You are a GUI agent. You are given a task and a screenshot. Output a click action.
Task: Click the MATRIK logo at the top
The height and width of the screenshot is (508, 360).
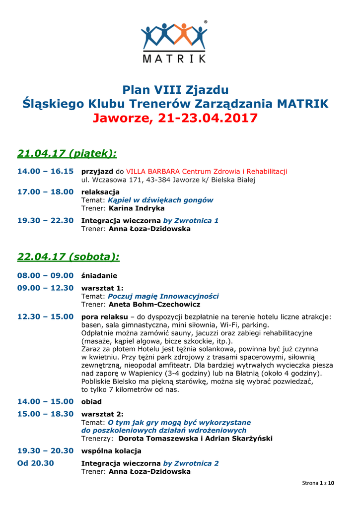tap(174, 42)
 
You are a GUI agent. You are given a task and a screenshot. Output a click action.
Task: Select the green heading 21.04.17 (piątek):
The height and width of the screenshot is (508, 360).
tap(67, 153)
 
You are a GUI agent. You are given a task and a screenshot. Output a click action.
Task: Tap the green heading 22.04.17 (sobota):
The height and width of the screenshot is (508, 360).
tap(69, 256)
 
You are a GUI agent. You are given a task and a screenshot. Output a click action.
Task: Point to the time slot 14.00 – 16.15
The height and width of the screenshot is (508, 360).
tap(45, 171)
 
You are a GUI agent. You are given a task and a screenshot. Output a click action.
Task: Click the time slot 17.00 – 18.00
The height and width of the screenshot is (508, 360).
tap(45, 191)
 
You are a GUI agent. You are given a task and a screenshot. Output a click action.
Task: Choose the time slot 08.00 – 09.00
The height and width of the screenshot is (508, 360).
tap(45, 275)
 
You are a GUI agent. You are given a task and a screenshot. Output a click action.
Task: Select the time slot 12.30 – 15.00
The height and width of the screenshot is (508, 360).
tap(45, 317)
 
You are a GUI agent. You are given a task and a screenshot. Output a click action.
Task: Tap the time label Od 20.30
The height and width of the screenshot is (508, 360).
tap(36, 463)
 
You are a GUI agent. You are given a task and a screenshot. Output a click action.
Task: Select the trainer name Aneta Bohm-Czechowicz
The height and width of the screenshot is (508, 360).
tap(154, 304)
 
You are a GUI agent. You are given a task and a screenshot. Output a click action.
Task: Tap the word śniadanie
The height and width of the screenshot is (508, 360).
tap(99, 275)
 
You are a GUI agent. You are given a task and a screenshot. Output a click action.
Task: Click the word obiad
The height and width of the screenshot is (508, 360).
tap(91, 401)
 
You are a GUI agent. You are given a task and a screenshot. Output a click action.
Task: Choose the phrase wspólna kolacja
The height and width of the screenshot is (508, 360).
tap(111, 451)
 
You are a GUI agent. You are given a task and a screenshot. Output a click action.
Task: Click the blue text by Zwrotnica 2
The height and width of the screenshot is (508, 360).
tap(191, 463)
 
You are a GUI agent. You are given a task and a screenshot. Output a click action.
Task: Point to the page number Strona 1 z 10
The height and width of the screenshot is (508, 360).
tap(318, 483)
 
